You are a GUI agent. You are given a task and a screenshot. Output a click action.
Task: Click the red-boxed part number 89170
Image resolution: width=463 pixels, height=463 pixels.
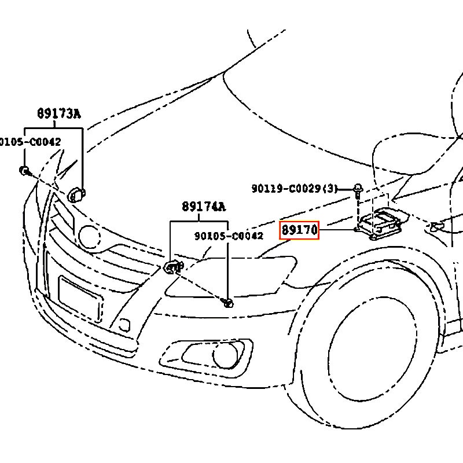point(299,230)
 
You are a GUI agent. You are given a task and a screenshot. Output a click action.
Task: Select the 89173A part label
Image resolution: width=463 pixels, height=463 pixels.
point(59,114)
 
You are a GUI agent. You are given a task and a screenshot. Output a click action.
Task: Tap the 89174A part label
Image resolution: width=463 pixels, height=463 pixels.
point(203,207)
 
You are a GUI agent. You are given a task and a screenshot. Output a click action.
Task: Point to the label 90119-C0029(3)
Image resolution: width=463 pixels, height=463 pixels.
point(295,188)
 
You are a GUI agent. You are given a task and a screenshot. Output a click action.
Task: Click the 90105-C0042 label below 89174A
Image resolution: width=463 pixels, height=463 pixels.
point(229,236)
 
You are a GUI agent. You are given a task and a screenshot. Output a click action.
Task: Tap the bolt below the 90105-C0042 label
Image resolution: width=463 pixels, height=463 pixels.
point(229,302)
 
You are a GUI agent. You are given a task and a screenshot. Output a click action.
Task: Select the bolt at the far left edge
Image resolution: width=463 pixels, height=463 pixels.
point(25,170)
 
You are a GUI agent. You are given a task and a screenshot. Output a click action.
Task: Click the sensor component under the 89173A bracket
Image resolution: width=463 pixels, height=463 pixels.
point(77,194)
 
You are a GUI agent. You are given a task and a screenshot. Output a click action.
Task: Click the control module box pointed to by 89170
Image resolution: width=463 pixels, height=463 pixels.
point(382,222)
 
